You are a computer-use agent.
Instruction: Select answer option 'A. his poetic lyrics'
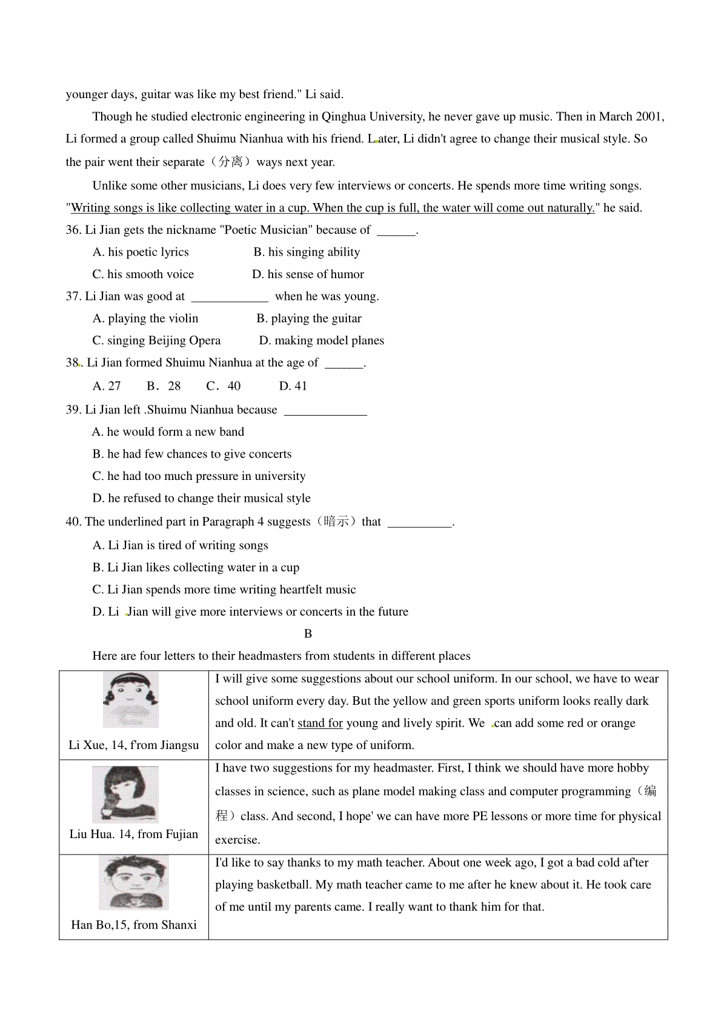tap(141, 252)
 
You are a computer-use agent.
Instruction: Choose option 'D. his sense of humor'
tap(308, 275)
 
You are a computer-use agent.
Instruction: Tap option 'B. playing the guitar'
tap(309, 319)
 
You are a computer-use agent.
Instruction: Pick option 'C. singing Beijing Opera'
tap(156, 341)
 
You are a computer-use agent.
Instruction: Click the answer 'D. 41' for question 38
tap(293, 386)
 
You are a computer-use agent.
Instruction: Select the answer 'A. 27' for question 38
tap(107, 386)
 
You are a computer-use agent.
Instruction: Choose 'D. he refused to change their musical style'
tap(201, 498)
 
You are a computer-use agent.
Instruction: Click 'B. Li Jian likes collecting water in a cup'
tap(196, 568)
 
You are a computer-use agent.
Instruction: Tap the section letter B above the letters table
tap(308, 634)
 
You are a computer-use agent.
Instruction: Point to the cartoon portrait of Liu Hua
tap(125, 794)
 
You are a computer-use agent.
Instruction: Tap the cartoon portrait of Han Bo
tap(134, 882)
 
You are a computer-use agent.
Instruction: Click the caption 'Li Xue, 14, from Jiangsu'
tap(134, 745)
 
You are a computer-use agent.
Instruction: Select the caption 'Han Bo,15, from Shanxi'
tap(134, 925)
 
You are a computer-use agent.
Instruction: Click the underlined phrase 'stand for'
tap(320, 724)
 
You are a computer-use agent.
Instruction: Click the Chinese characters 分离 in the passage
tap(230, 162)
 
